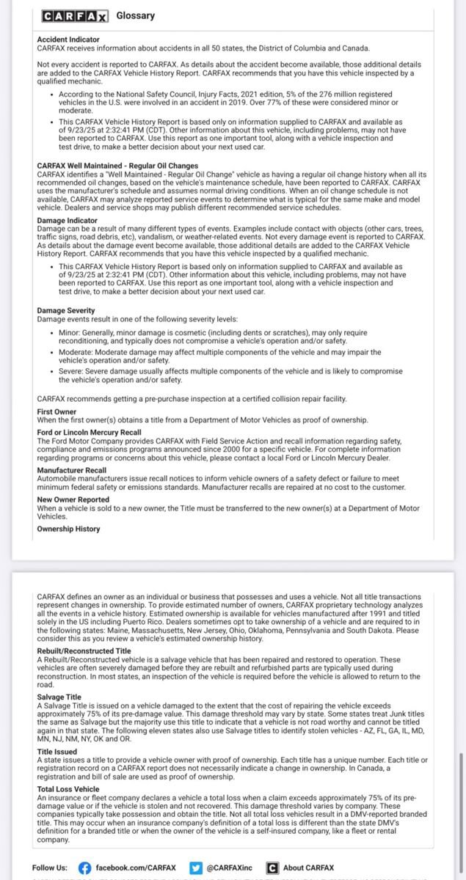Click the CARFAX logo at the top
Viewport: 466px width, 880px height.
(x=74, y=16)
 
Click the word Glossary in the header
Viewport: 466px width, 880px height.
(x=136, y=16)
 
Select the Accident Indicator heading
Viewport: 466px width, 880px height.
(x=68, y=39)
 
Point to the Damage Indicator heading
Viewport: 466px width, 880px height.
(x=67, y=220)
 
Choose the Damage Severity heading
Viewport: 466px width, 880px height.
(x=65, y=311)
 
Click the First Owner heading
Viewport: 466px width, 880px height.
(x=57, y=412)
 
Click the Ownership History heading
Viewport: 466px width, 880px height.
(x=68, y=529)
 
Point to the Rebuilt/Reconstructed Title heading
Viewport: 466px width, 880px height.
(x=84, y=650)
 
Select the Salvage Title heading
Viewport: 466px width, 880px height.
(x=60, y=697)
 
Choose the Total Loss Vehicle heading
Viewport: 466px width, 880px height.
(x=68, y=789)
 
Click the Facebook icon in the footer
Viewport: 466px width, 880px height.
(x=85, y=868)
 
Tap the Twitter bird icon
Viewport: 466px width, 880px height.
(x=196, y=868)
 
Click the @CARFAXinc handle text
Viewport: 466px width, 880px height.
(x=230, y=868)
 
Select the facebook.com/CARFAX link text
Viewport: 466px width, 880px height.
(x=136, y=868)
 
